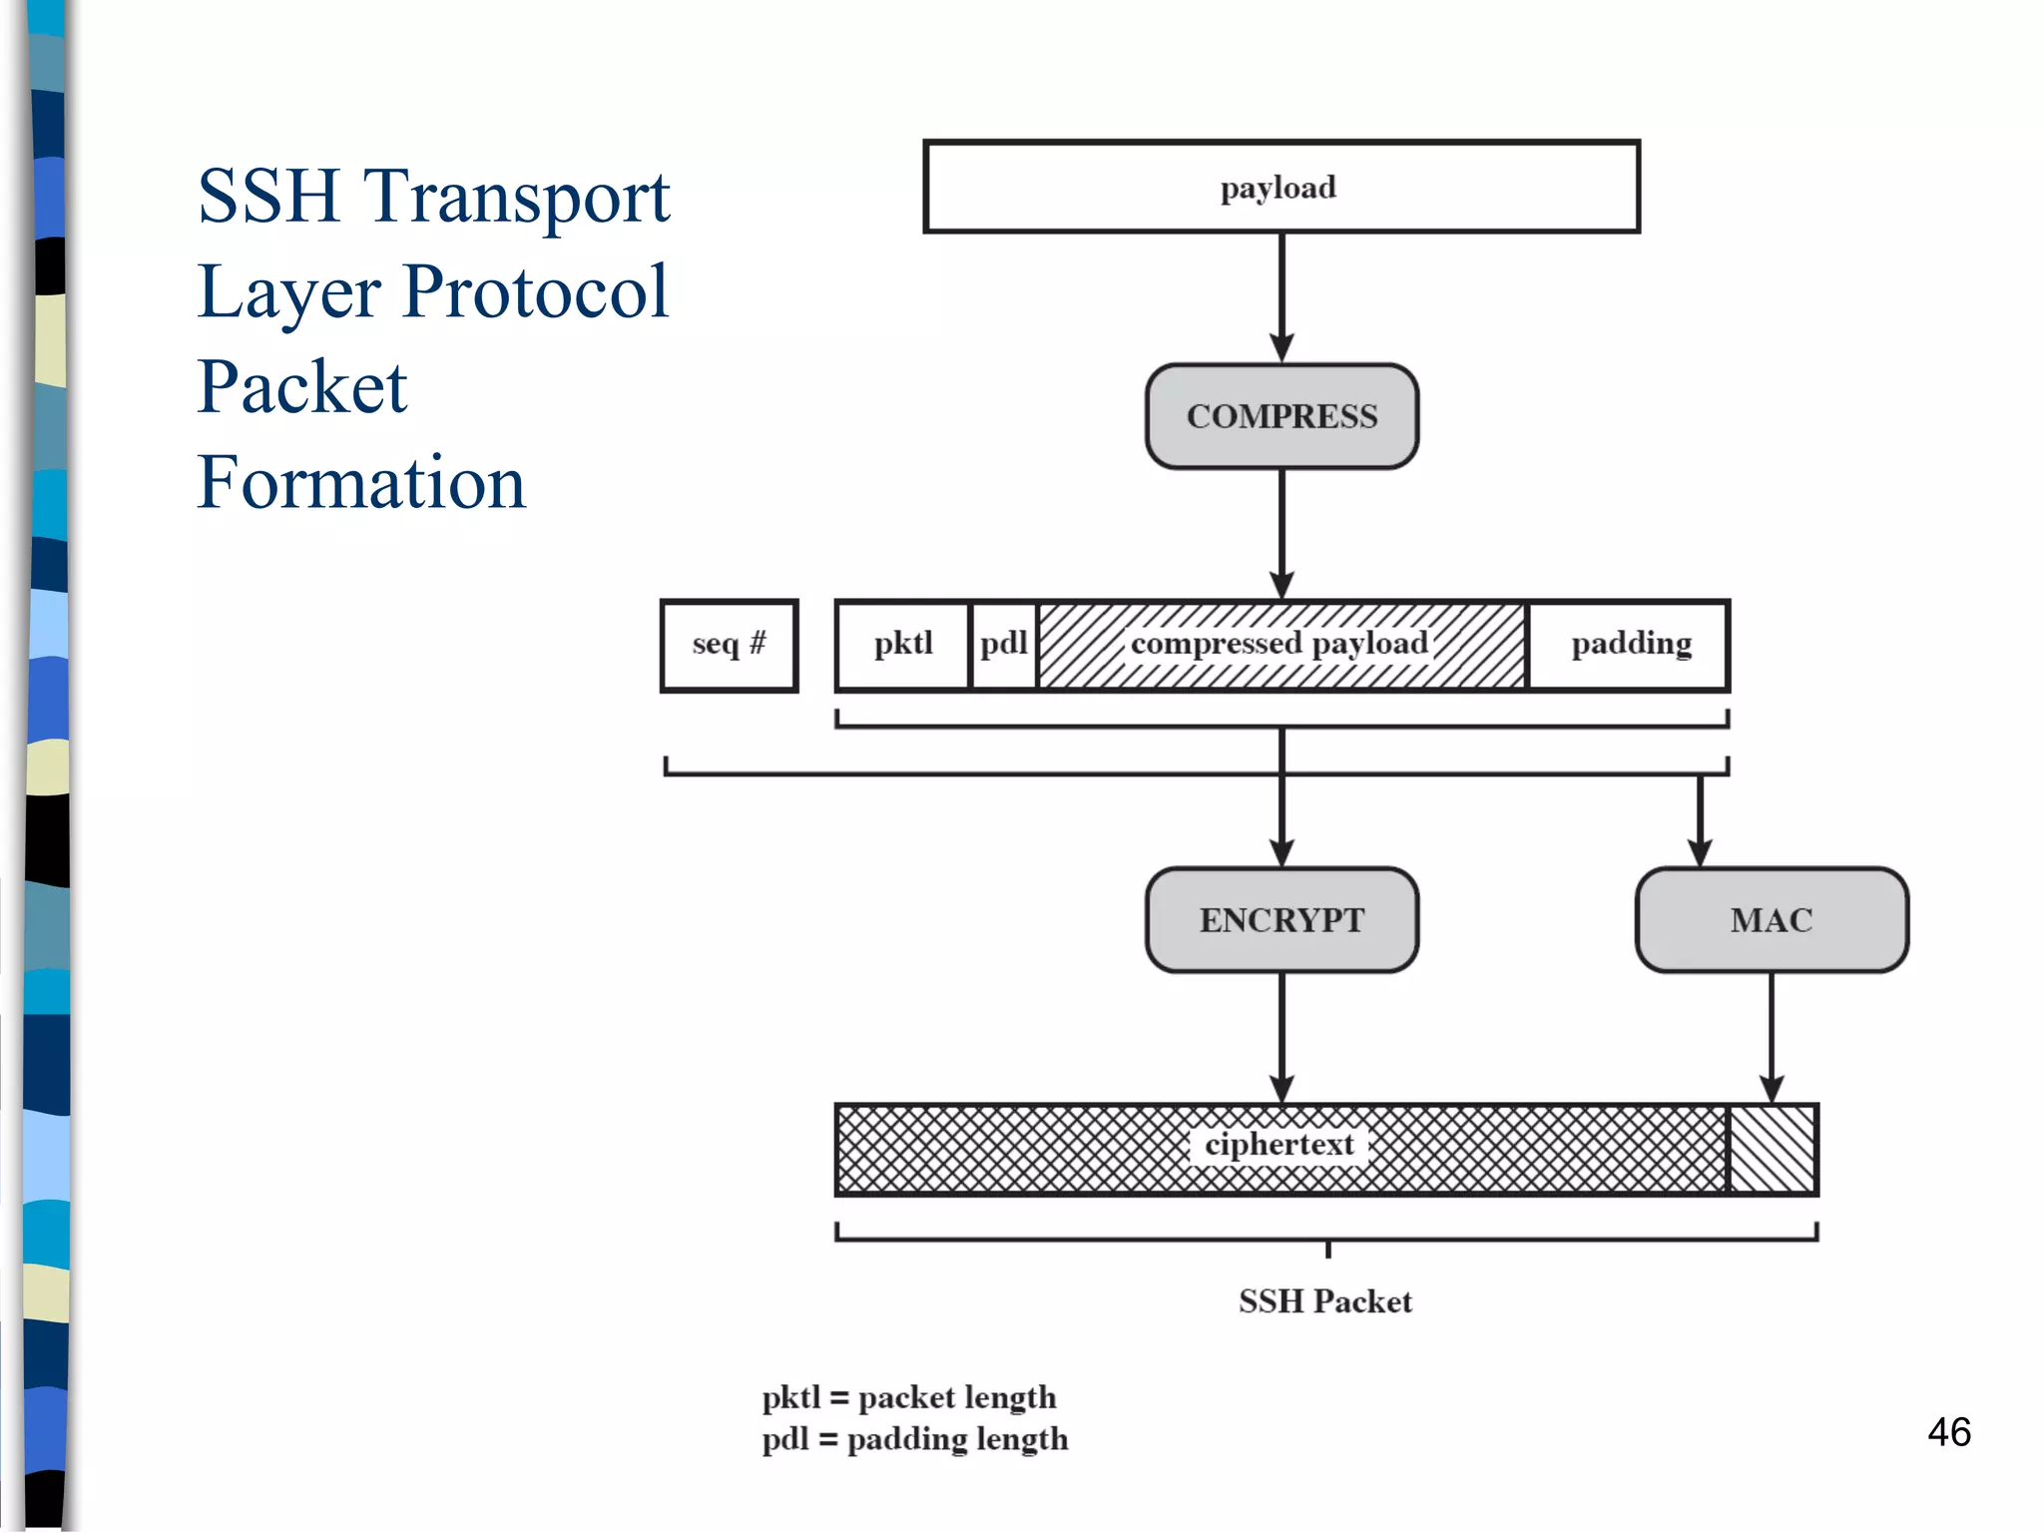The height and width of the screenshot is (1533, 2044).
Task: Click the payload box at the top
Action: tap(1281, 188)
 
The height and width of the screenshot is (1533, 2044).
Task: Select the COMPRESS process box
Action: tap(1281, 416)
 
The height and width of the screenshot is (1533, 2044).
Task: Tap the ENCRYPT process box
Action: tap(1281, 919)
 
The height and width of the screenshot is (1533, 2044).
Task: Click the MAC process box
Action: tap(1772, 919)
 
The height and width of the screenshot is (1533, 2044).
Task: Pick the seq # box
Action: tap(730, 645)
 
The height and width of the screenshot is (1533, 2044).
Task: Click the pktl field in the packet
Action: tap(903, 645)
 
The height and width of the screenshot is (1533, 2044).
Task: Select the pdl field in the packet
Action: tap(1004, 645)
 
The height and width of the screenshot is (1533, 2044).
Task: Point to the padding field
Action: tap(1631, 645)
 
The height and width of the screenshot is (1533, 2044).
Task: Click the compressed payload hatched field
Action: tap(1280, 645)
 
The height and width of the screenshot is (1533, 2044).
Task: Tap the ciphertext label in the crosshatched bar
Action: tap(1279, 1145)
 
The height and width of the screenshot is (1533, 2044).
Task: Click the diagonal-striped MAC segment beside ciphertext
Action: tap(1772, 1150)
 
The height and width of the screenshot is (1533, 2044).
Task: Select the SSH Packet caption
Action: tap(1325, 1301)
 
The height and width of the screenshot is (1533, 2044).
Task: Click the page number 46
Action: tap(1948, 1432)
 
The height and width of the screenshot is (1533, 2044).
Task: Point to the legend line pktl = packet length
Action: tap(909, 1397)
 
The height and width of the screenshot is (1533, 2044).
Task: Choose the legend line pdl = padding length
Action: tap(915, 1439)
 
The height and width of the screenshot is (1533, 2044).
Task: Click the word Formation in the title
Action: tap(361, 483)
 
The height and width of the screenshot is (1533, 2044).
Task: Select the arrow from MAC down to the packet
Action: tap(1772, 1038)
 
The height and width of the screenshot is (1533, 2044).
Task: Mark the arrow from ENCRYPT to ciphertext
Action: tap(1281, 1038)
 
